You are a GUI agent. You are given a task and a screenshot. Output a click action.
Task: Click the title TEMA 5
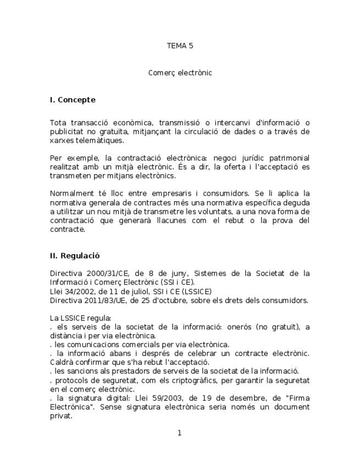[x=180, y=46]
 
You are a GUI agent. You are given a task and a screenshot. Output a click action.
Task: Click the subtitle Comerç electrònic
[x=180, y=73]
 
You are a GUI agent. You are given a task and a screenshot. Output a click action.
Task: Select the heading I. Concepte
[x=73, y=100]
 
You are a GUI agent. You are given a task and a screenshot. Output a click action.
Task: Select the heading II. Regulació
[x=75, y=256]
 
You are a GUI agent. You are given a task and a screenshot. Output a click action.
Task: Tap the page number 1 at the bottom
[x=179, y=433]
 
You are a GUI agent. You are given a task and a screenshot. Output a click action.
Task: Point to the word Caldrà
[x=62, y=362]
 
